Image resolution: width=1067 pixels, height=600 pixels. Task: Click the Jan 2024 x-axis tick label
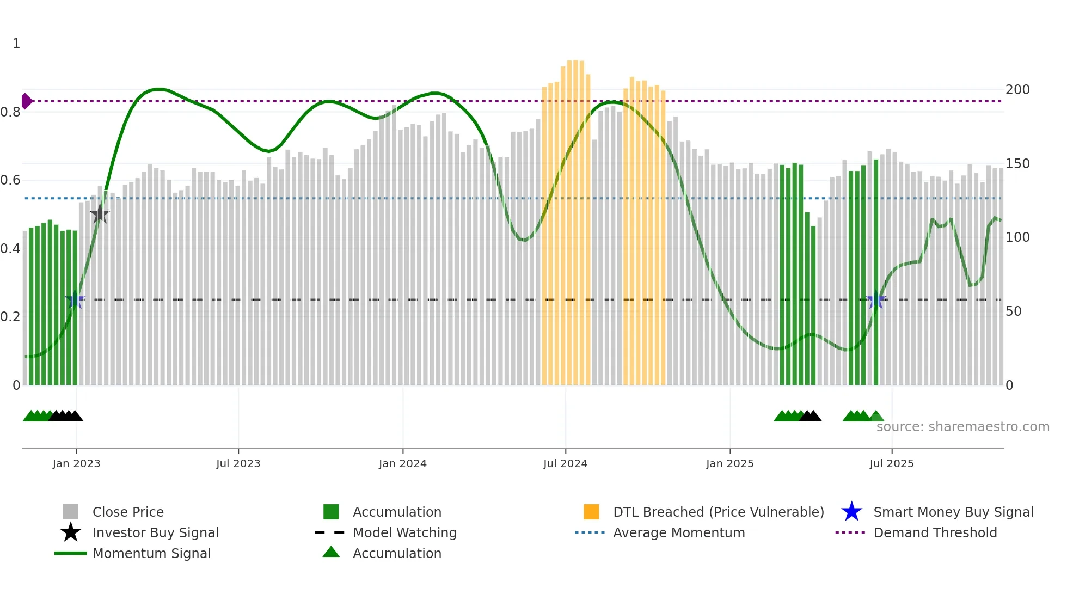click(402, 463)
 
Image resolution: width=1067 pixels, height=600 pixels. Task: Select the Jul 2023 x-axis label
click(238, 463)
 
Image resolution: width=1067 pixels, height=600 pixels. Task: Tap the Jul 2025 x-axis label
click(891, 463)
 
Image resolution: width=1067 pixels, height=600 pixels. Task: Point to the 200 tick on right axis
click(1017, 90)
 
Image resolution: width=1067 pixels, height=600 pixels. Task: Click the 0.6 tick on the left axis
click(10, 180)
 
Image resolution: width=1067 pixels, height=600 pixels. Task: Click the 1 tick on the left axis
click(16, 44)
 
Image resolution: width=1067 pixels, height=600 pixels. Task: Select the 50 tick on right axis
click(1013, 311)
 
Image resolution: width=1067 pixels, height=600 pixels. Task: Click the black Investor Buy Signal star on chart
click(100, 214)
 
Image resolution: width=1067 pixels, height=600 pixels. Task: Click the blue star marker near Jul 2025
click(875, 300)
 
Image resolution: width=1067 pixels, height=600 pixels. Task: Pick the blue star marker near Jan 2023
click(75, 300)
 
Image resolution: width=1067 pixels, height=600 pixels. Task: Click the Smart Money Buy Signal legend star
click(851, 512)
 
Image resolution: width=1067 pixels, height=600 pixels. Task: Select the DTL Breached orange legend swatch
click(591, 512)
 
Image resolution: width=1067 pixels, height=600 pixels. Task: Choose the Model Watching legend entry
click(404, 532)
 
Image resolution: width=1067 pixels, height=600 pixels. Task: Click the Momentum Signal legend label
click(151, 553)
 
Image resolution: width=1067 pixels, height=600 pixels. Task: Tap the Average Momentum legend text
click(678, 532)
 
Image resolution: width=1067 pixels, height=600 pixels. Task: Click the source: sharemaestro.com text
click(962, 427)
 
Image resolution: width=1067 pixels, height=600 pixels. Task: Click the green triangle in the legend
click(331, 552)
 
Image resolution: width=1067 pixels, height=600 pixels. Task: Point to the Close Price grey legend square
click(71, 512)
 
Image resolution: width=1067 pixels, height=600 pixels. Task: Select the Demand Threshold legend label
click(935, 532)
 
